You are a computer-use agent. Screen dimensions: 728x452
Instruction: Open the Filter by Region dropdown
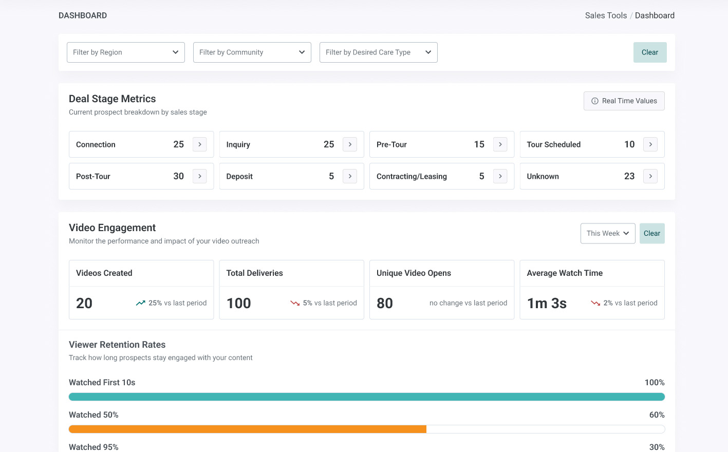tap(126, 52)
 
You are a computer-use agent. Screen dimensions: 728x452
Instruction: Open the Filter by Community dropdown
tap(252, 52)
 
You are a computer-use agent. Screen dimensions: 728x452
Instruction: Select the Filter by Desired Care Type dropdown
tap(378, 52)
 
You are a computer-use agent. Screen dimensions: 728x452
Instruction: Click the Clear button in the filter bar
tap(650, 52)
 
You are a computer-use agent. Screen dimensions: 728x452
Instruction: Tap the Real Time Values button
tap(624, 101)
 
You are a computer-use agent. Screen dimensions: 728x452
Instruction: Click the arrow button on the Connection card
tap(199, 144)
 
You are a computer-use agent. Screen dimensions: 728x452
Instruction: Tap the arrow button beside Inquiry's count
tap(350, 144)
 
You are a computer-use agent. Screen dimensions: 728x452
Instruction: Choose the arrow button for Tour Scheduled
tap(650, 144)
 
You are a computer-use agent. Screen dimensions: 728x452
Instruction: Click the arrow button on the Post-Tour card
tap(199, 176)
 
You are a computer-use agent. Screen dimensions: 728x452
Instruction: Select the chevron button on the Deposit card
tap(350, 176)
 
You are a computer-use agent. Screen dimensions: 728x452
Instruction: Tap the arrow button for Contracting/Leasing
tap(500, 176)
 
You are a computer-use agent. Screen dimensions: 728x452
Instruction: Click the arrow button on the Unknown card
tap(650, 176)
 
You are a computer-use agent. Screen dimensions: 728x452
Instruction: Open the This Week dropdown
tap(608, 233)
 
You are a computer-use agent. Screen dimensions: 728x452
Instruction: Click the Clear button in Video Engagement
tap(652, 233)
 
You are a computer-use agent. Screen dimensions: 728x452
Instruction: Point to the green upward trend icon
tap(140, 303)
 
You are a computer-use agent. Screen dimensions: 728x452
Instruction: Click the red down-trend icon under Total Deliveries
tap(295, 303)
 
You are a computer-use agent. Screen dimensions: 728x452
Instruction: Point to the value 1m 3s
tap(547, 303)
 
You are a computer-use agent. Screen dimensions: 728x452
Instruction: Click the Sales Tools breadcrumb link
tap(606, 15)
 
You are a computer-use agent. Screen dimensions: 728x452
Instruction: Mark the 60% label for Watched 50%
tap(657, 415)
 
